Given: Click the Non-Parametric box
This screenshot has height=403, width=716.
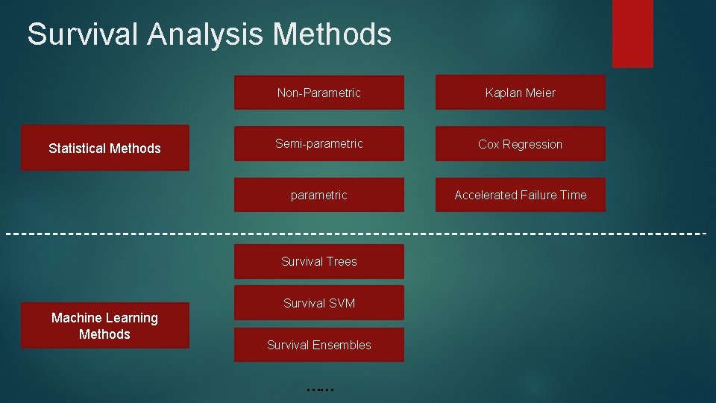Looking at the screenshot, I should tap(319, 93).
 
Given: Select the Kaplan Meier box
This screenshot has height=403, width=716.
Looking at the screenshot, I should tap(521, 93).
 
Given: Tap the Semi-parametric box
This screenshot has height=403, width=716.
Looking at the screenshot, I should tap(319, 144).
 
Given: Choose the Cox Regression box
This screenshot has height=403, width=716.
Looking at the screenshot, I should tap(521, 144).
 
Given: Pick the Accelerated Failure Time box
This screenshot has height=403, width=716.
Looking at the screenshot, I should tap(521, 195).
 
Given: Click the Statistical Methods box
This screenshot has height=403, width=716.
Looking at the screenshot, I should tap(104, 148).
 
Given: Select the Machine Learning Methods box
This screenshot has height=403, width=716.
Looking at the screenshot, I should tap(104, 326).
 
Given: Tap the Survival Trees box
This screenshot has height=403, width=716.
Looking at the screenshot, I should tap(319, 261).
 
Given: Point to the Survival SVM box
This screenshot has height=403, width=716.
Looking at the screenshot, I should tap(319, 303).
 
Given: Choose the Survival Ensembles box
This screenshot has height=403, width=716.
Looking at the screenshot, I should tap(319, 345).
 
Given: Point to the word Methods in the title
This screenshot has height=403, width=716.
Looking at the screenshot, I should tap(332, 34).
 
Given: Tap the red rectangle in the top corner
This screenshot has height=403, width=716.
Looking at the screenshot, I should tap(632, 33).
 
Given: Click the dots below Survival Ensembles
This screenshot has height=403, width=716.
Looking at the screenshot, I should tap(319, 389).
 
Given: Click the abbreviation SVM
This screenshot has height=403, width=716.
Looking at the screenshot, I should tap(341, 303).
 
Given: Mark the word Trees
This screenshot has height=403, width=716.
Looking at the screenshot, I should tap(341, 261).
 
